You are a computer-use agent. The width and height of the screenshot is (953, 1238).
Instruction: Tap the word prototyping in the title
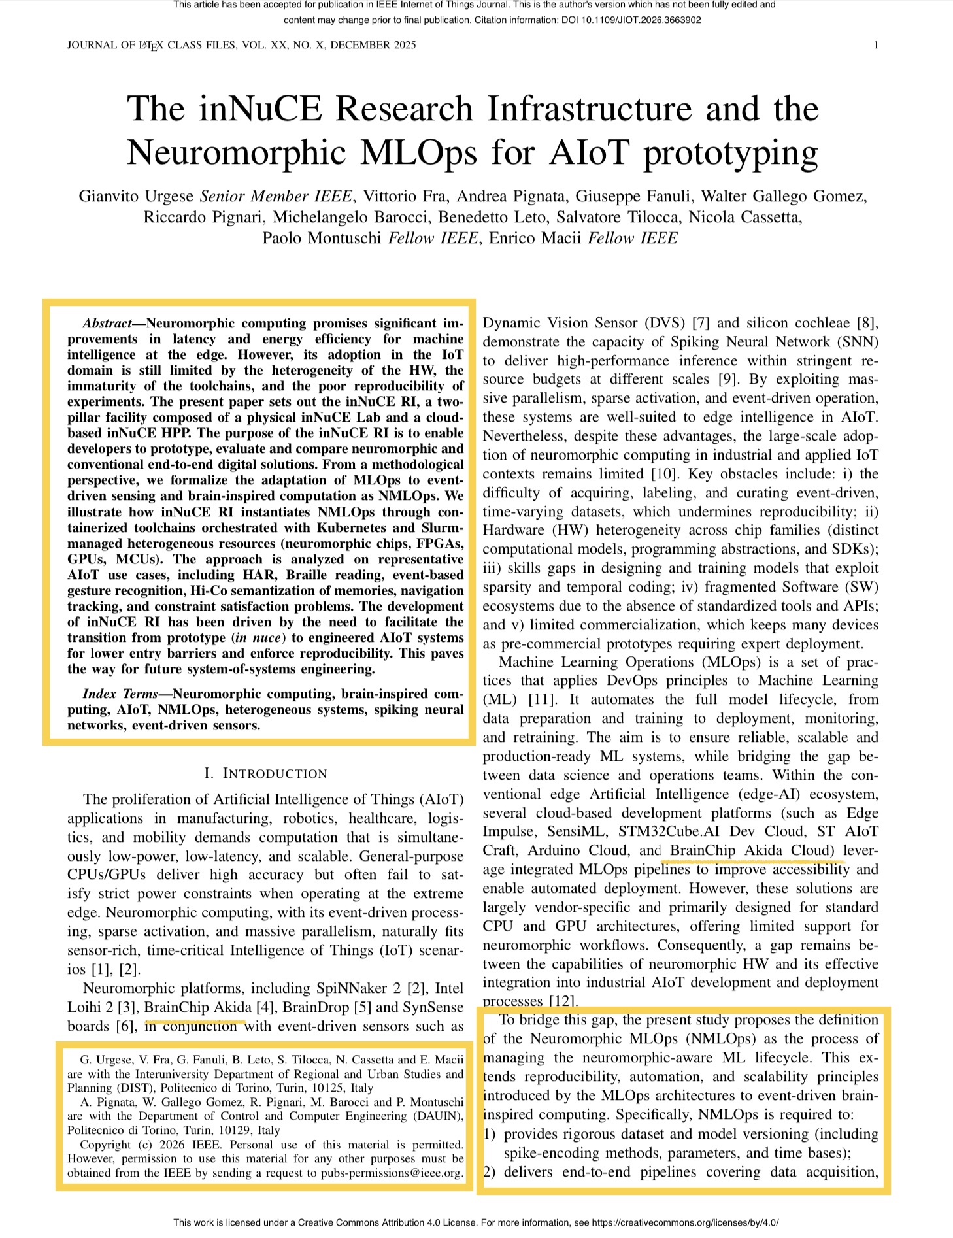click(730, 153)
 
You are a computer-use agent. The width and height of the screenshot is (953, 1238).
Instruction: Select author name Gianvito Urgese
click(136, 196)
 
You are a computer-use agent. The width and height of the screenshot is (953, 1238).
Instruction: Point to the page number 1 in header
click(875, 45)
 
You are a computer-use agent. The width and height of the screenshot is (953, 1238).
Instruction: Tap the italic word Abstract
click(107, 324)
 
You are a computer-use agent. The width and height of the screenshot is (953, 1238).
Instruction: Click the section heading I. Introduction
click(265, 774)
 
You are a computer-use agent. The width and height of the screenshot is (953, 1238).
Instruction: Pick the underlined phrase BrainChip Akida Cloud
click(752, 850)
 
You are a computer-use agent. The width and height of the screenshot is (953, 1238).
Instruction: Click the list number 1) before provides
click(490, 1134)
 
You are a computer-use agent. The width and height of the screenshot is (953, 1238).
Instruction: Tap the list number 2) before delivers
click(490, 1172)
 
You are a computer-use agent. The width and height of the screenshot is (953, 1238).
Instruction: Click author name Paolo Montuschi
click(321, 238)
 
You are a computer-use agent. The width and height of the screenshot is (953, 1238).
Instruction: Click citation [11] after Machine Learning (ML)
click(542, 699)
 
